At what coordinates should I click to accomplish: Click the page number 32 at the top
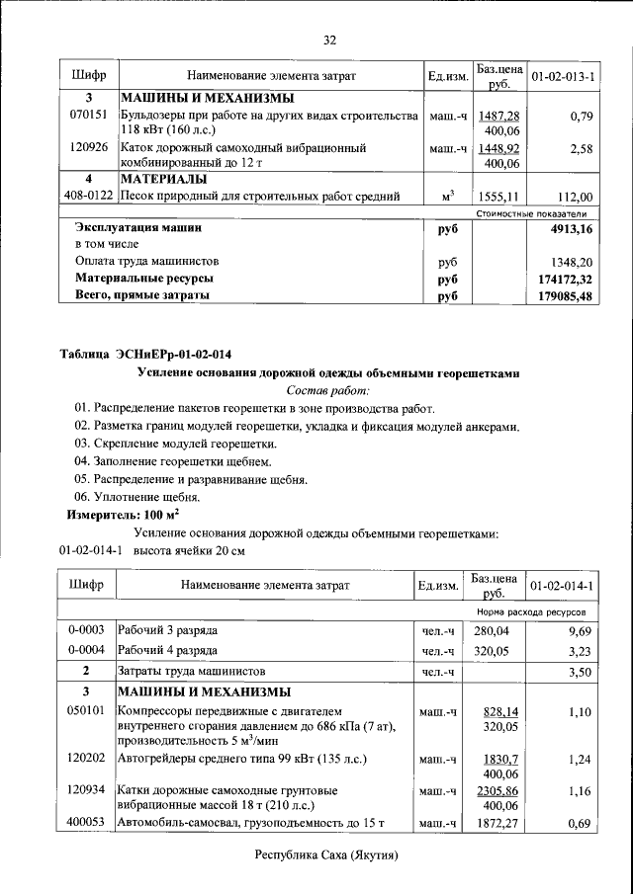coord(330,40)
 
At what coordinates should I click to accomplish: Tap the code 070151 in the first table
coord(88,117)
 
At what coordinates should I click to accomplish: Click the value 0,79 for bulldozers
coord(581,117)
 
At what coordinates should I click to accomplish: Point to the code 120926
coord(88,148)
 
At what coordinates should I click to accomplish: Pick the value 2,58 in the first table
coord(581,148)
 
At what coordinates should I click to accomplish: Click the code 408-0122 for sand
coord(88,196)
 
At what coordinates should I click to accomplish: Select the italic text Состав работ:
coord(326,390)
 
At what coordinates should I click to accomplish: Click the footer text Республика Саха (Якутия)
coord(326,854)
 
